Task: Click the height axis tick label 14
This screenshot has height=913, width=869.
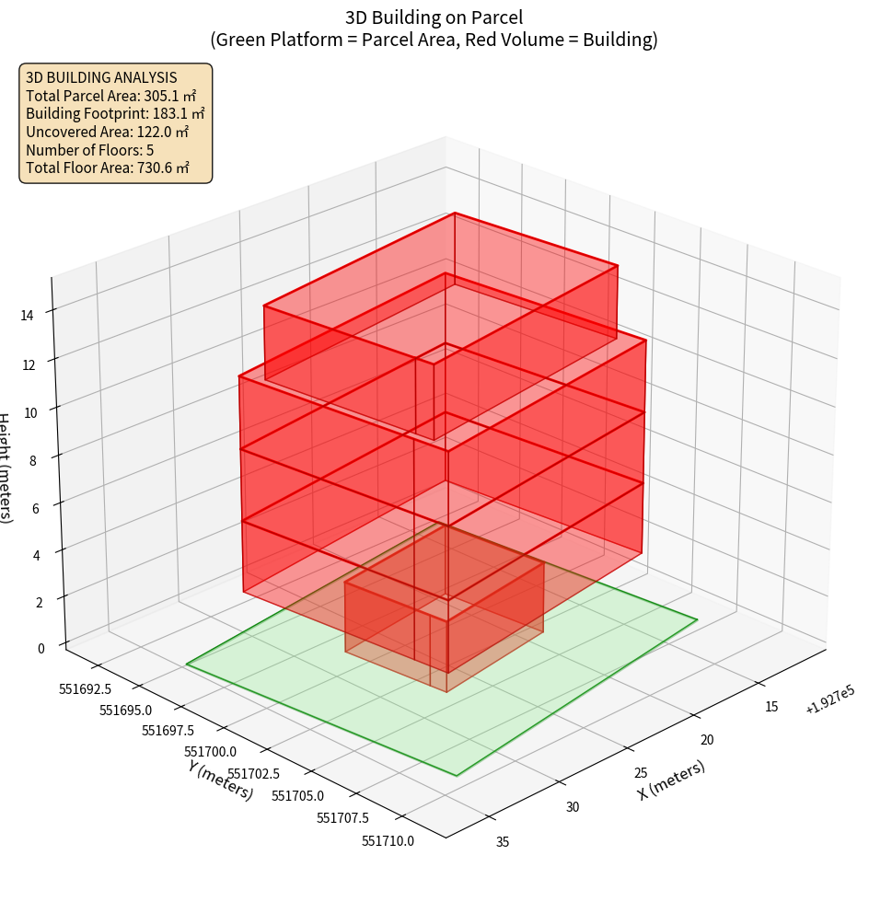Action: [x=27, y=315]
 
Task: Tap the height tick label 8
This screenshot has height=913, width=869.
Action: [x=33, y=461]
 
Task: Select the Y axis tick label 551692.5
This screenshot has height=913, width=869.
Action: [x=85, y=688]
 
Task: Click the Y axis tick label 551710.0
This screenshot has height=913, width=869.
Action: [x=388, y=840]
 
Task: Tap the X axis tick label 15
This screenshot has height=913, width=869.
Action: [x=771, y=707]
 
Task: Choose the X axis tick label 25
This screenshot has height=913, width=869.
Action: [x=641, y=773]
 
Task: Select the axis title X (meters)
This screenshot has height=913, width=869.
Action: [x=671, y=780]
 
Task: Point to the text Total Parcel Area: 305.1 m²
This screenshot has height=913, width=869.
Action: [x=111, y=95]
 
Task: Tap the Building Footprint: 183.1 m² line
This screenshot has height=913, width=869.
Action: [x=115, y=113]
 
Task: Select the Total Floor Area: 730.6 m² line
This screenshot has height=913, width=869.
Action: [x=108, y=168]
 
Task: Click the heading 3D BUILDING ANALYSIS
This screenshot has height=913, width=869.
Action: [x=101, y=77]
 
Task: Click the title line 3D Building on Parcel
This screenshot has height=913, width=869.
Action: [x=434, y=17]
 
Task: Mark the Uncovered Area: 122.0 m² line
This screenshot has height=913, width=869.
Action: [x=107, y=132]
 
